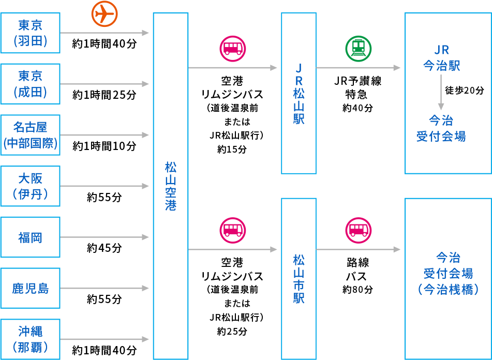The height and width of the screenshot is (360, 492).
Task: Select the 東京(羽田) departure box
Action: pos(31,33)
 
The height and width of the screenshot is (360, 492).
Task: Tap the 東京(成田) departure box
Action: pos(31,84)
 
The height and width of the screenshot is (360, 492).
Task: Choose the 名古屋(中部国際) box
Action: pos(31,135)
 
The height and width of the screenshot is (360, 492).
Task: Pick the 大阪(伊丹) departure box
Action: pos(31,186)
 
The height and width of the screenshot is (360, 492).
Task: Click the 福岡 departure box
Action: pos(31,237)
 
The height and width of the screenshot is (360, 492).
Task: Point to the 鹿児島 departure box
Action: pos(31,288)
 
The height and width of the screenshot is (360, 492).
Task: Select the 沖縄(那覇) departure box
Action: pos(31,339)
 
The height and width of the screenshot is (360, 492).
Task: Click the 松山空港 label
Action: pos(171,186)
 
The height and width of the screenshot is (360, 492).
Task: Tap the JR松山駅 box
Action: pos(299,94)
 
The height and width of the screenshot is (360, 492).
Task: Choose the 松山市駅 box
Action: pos(299,278)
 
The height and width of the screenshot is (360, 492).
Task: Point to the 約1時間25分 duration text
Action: pos(105,95)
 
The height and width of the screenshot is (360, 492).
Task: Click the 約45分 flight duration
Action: pos(105,248)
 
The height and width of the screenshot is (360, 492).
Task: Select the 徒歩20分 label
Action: pos(464,91)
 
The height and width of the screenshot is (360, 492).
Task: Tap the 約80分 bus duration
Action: pos(357,290)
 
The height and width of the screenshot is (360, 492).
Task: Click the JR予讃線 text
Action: pos(357,82)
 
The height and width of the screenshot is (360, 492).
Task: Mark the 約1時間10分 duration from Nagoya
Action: pos(105,146)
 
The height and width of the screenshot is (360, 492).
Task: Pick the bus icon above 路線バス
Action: pos(358,230)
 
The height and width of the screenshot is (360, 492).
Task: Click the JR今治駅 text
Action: pos(441,58)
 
